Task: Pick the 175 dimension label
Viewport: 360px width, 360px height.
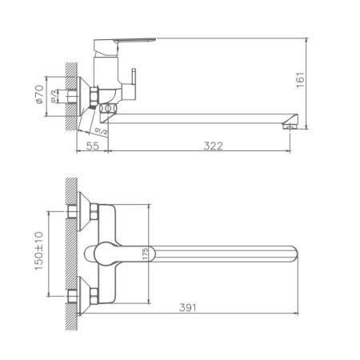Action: pyautogui.click(x=145, y=255)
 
